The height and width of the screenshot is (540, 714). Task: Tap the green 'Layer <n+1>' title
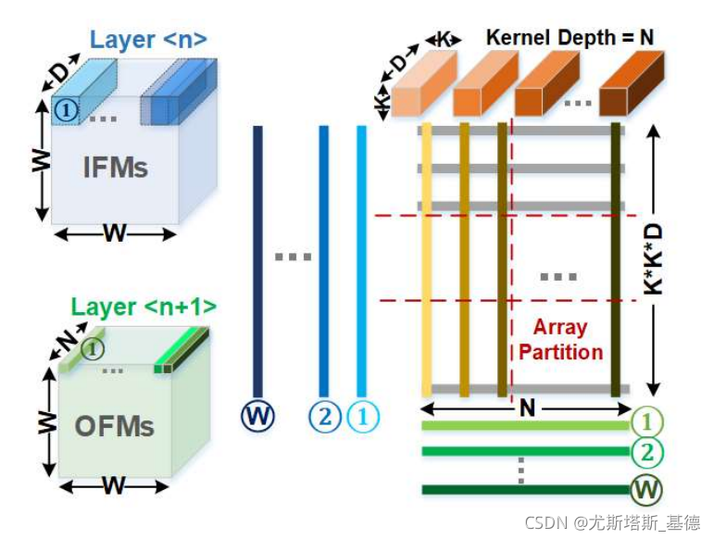[x=144, y=306]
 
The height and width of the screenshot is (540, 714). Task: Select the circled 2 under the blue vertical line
[x=324, y=417]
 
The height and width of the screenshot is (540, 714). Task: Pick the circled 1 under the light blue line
[x=363, y=417]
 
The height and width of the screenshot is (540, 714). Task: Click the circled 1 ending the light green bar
[x=645, y=423]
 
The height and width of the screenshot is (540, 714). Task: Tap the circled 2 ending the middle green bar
[x=645, y=455]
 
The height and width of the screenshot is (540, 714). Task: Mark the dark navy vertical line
[x=257, y=259]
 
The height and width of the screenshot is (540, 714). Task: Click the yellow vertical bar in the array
[x=426, y=259]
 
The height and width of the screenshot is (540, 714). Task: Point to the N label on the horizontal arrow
[x=528, y=407]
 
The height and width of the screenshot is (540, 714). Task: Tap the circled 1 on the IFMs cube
[x=64, y=110]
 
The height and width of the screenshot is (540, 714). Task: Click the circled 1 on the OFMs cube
[x=92, y=348]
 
